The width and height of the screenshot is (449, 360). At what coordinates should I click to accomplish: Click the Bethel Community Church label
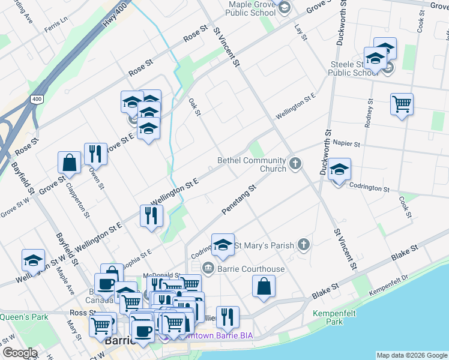tap(252, 164)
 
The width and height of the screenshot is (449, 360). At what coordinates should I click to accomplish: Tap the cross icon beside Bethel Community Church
tap(295, 163)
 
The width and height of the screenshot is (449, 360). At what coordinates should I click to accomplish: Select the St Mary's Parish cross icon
tap(304, 244)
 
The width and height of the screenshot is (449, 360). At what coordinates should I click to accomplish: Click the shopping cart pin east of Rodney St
tap(402, 104)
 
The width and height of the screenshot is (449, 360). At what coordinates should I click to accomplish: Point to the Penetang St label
tap(239, 200)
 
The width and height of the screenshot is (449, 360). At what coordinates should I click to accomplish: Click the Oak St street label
tap(194, 107)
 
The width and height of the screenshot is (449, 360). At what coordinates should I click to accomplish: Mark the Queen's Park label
tap(24, 317)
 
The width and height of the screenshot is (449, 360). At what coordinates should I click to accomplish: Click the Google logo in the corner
tap(20, 353)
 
